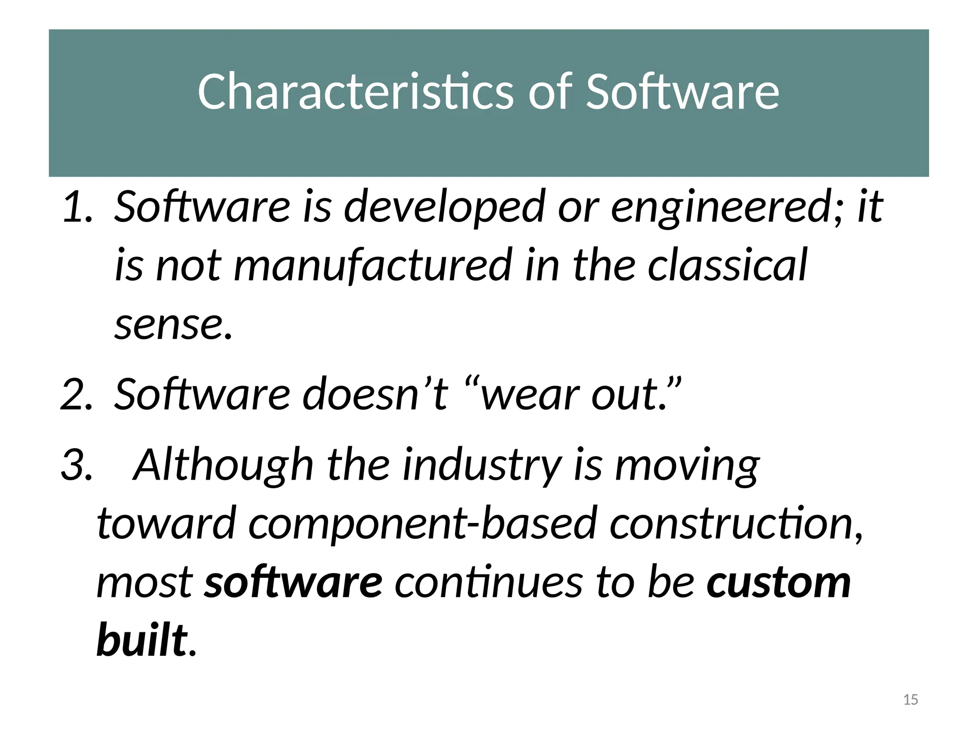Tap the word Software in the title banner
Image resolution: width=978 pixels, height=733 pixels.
(x=682, y=92)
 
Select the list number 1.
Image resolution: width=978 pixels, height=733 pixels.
(x=77, y=207)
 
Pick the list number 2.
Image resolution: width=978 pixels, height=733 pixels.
(x=76, y=394)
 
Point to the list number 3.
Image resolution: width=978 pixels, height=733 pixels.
(x=76, y=464)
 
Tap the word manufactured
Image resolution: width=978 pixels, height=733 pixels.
(x=373, y=265)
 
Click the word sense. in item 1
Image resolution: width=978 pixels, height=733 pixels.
(x=173, y=325)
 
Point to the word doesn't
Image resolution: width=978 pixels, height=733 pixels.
(x=375, y=394)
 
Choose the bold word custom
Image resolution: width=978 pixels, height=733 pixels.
(x=779, y=582)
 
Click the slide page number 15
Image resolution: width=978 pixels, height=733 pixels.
(x=911, y=700)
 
